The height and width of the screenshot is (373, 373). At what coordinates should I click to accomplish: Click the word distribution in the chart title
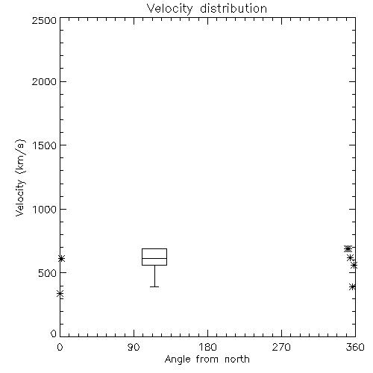pyautogui.click(x=233, y=9)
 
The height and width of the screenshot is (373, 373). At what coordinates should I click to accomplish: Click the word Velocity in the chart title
pyautogui.click(x=169, y=9)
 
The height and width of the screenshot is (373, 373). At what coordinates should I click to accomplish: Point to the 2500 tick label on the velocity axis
pyautogui.click(x=44, y=20)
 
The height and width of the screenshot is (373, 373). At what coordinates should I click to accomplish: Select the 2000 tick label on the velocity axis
pyautogui.click(x=44, y=81)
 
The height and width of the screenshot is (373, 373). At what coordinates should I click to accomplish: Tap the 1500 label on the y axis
pyautogui.click(x=45, y=145)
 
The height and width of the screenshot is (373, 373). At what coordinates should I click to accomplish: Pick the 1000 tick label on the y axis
pyautogui.click(x=45, y=210)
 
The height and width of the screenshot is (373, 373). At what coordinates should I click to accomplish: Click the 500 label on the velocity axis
pyautogui.click(x=48, y=273)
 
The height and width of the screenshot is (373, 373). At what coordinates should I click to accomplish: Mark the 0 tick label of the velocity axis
pyautogui.click(x=54, y=333)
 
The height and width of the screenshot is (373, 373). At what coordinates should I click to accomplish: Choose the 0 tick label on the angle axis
pyautogui.click(x=60, y=347)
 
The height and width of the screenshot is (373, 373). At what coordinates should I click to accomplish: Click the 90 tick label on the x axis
pyautogui.click(x=134, y=347)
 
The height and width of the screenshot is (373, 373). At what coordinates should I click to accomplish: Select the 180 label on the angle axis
pyautogui.click(x=207, y=347)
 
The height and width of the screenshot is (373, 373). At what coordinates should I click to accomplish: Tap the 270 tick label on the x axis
pyautogui.click(x=281, y=347)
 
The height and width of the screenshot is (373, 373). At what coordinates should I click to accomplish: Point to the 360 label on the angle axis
pyautogui.click(x=355, y=347)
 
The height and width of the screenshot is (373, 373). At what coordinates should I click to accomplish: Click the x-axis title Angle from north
pyautogui.click(x=207, y=360)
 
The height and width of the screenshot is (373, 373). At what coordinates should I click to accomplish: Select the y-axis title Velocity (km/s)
pyautogui.click(x=20, y=178)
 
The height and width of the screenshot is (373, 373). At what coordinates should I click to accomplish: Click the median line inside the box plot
pyautogui.click(x=154, y=258)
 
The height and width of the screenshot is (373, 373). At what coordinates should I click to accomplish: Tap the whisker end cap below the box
pyautogui.click(x=154, y=286)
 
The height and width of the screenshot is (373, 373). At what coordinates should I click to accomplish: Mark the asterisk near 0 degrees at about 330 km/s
pyautogui.click(x=60, y=294)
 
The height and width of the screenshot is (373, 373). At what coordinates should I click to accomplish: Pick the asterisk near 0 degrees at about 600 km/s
pyautogui.click(x=61, y=259)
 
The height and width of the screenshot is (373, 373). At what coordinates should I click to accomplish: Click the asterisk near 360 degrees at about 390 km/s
pyautogui.click(x=352, y=286)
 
